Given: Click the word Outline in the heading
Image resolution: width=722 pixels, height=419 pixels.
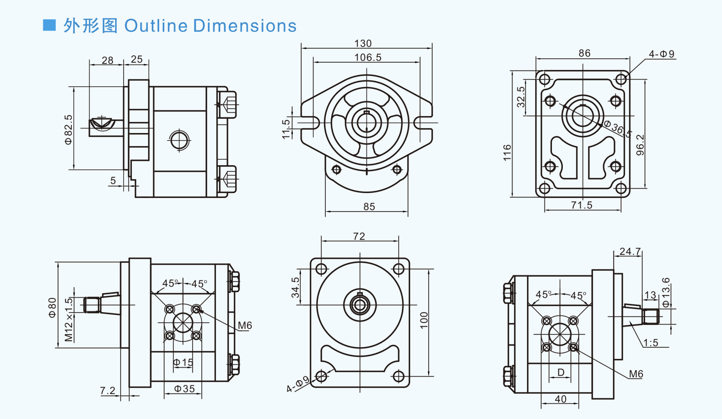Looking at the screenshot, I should coord(156,26).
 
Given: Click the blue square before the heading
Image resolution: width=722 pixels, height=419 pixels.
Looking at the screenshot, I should coord(49,25).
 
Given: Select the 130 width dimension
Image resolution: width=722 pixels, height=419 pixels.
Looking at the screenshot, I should coord(363,44).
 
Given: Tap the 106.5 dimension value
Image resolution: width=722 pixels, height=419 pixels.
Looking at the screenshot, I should coord(368,57).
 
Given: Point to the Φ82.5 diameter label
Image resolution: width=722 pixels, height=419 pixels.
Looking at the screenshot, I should coord(69,129).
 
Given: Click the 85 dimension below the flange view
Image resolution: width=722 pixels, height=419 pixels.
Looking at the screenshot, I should coord(369,207).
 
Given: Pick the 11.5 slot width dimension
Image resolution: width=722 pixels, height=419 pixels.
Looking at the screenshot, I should coord(286,129).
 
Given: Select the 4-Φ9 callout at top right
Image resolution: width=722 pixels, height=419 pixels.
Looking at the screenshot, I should coord(662,54).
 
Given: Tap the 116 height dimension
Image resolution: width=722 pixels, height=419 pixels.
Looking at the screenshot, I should coord(507,153).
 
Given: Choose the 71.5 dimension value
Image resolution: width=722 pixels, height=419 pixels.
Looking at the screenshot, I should coord(582,205).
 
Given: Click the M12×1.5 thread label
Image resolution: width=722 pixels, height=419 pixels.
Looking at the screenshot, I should coord(69,320).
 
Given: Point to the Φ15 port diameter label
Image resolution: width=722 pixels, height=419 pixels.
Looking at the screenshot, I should coord(183,362).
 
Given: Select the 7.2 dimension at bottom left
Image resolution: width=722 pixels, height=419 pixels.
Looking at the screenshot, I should coord(108,390).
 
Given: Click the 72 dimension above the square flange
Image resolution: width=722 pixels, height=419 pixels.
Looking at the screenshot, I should coord(359,236).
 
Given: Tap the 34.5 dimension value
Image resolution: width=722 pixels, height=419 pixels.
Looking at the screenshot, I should coord(295,287).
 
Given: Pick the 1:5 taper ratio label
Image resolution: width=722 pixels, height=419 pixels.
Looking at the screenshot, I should coord(651,343).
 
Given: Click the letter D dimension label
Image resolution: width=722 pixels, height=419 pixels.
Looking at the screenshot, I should coord(561,372).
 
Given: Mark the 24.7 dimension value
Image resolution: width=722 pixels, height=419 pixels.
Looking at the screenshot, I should coord(630,251).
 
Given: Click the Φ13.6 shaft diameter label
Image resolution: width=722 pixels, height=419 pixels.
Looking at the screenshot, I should coord(666,292).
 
